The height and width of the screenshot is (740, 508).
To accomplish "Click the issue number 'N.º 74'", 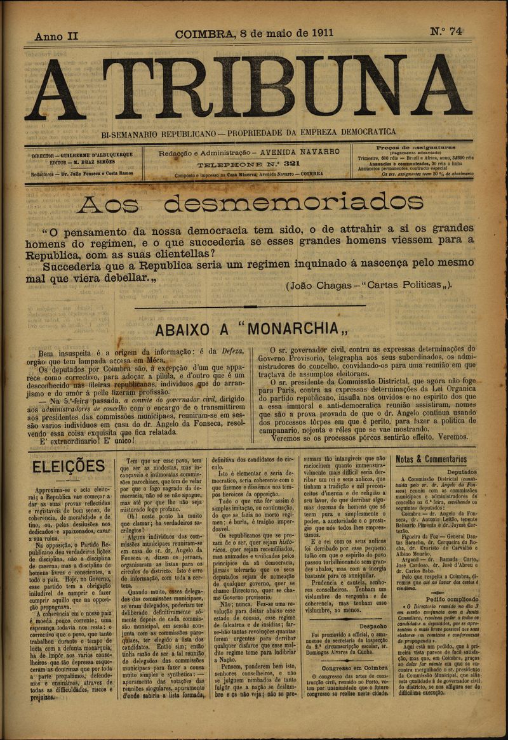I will (446, 32).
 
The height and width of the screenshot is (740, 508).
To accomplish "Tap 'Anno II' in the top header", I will (57, 36).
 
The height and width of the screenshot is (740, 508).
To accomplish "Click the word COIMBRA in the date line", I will (204, 34).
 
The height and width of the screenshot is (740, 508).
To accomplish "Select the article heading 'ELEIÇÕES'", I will (69, 466).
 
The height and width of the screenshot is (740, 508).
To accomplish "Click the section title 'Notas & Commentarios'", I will (431, 459).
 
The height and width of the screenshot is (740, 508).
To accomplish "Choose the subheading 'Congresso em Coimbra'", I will (345, 668).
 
